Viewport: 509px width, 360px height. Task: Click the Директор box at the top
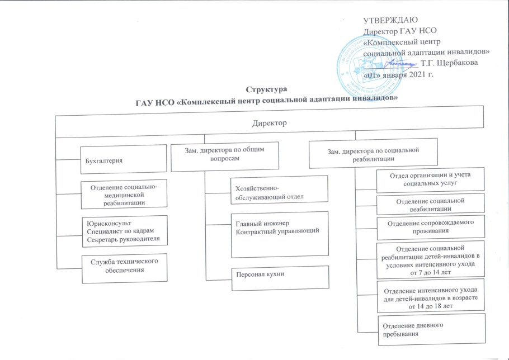pyautogui.click(x=270, y=122)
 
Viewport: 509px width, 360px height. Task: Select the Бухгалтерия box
pyautogui.click(x=124, y=159)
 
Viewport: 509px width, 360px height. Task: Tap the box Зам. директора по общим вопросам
pyautogui.click(x=225, y=157)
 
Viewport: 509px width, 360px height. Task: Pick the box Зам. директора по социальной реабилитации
pyautogui.click(x=373, y=153)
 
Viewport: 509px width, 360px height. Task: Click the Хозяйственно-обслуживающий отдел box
pyautogui.click(x=279, y=190)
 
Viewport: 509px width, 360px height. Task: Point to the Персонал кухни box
pyautogui.click(x=280, y=278)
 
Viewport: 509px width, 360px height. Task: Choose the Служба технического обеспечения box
pyautogui.click(x=124, y=268)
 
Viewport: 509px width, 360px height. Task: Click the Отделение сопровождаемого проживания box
pyautogui.click(x=431, y=228)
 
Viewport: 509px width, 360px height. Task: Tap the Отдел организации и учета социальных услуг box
pyautogui.click(x=431, y=179)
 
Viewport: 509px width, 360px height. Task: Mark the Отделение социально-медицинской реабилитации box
pyautogui.click(x=124, y=194)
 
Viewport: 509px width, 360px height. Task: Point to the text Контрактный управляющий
pyautogui.click(x=278, y=231)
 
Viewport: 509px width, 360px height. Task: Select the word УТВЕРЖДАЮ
pyautogui.click(x=390, y=20)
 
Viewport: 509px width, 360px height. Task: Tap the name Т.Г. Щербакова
pyautogui.click(x=449, y=63)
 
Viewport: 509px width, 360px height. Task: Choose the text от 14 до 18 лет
pyautogui.click(x=431, y=306)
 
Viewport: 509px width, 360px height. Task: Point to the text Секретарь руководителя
pyautogui.click(x=124, y=239)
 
